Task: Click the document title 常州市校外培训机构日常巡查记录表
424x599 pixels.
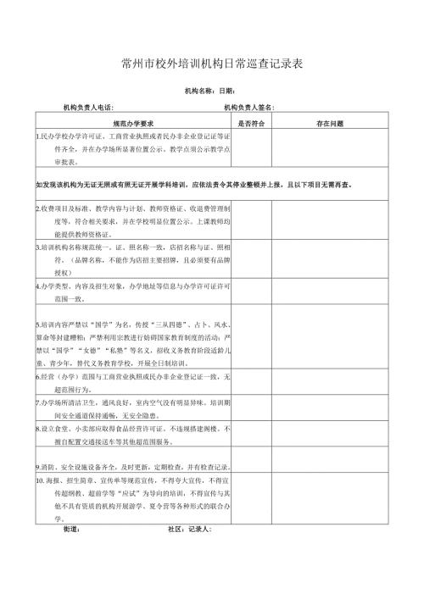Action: (x=212, y=64)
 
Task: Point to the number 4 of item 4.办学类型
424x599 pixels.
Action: (x=39, y=286)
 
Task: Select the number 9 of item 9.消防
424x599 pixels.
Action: (x=39, y=466)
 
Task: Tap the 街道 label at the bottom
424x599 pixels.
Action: (x=71, y=530)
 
